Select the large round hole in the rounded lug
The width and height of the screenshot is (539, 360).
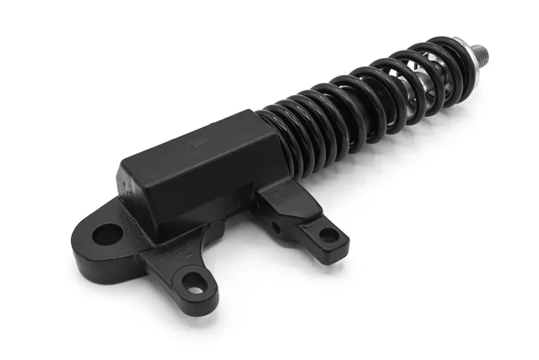click(x=107, y=234)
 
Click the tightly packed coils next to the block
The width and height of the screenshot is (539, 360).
click(x=299, y=135)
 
